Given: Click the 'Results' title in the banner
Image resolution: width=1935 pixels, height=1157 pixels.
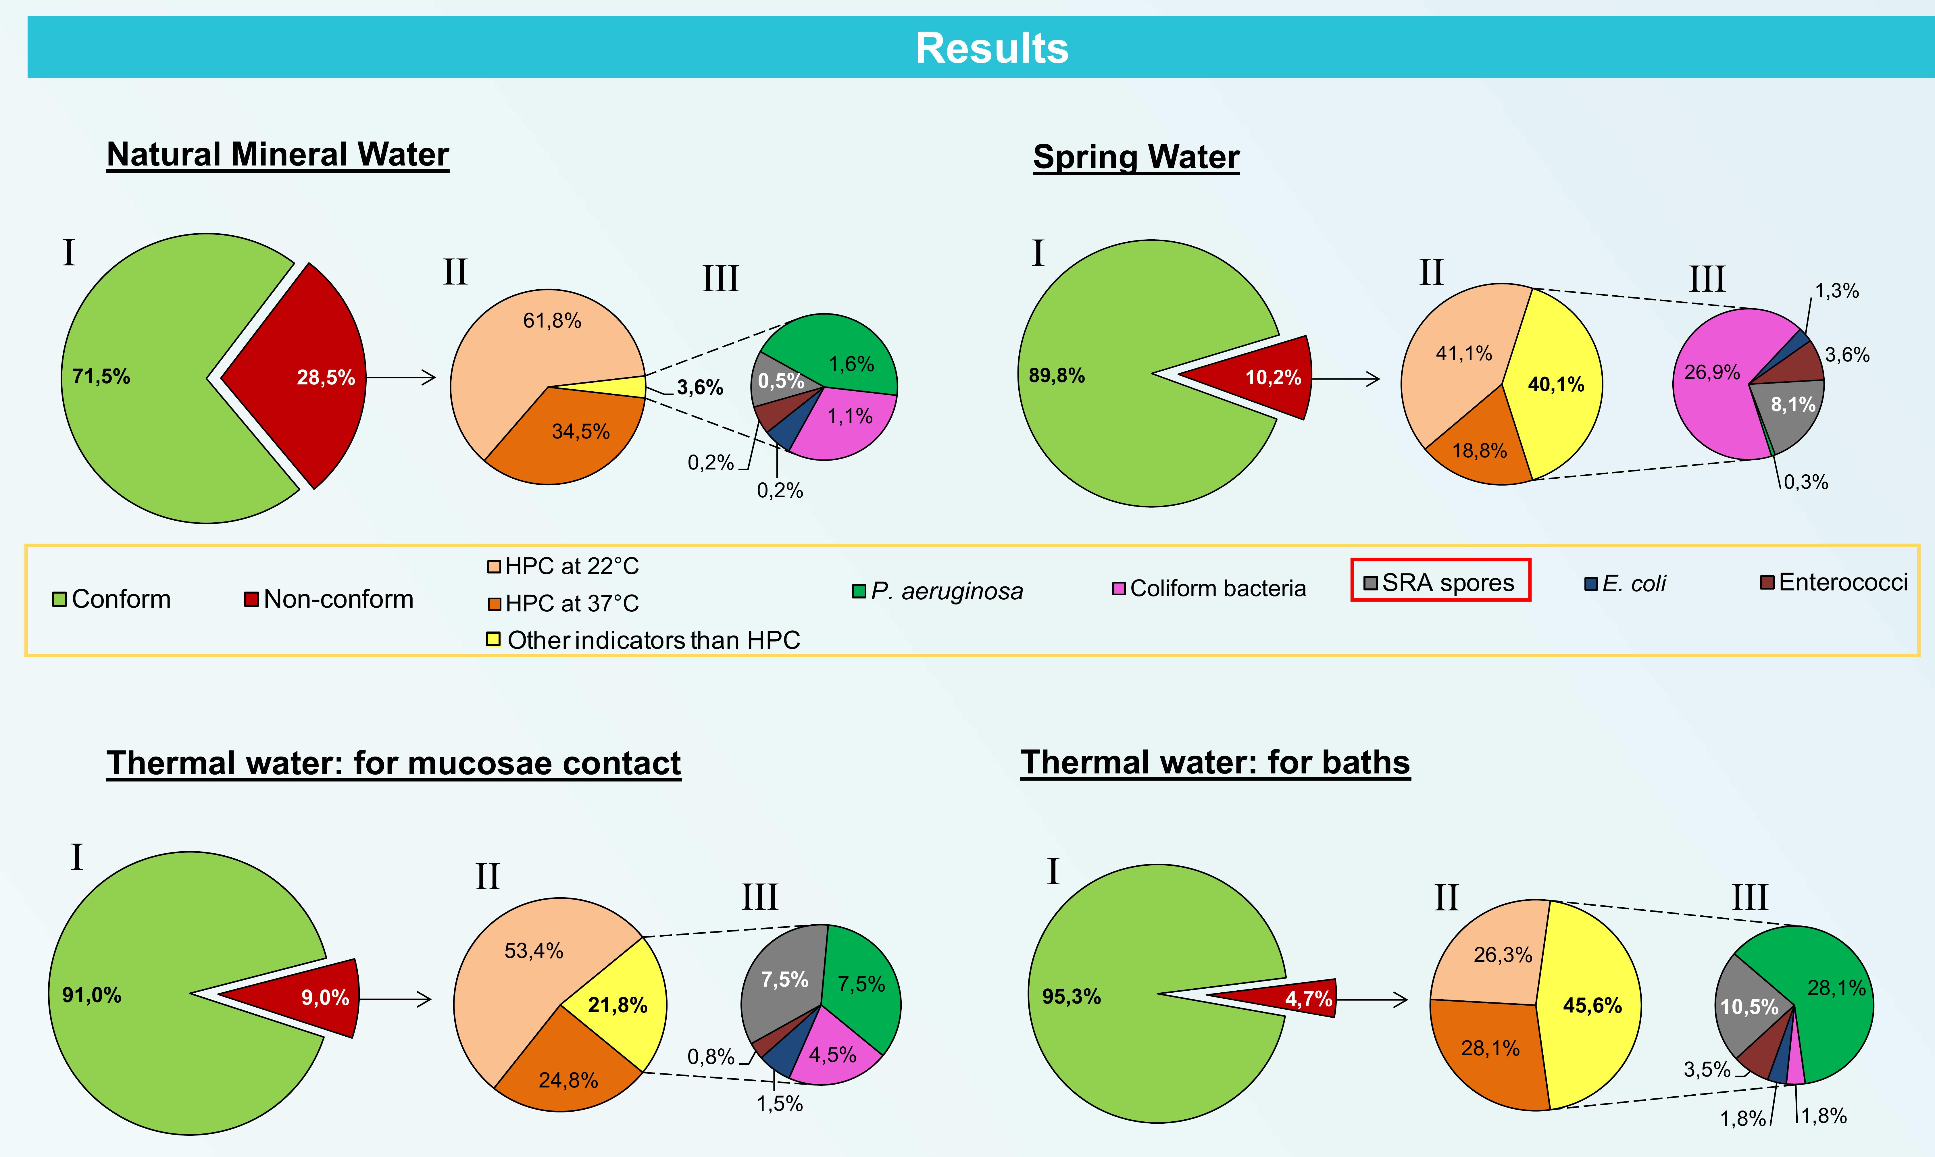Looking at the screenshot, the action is pos(992,48).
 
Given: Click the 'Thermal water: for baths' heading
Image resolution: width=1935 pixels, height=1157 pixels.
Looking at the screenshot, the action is pos(1215,763).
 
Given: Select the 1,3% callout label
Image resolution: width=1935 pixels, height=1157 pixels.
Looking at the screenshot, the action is pos(1837,292).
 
